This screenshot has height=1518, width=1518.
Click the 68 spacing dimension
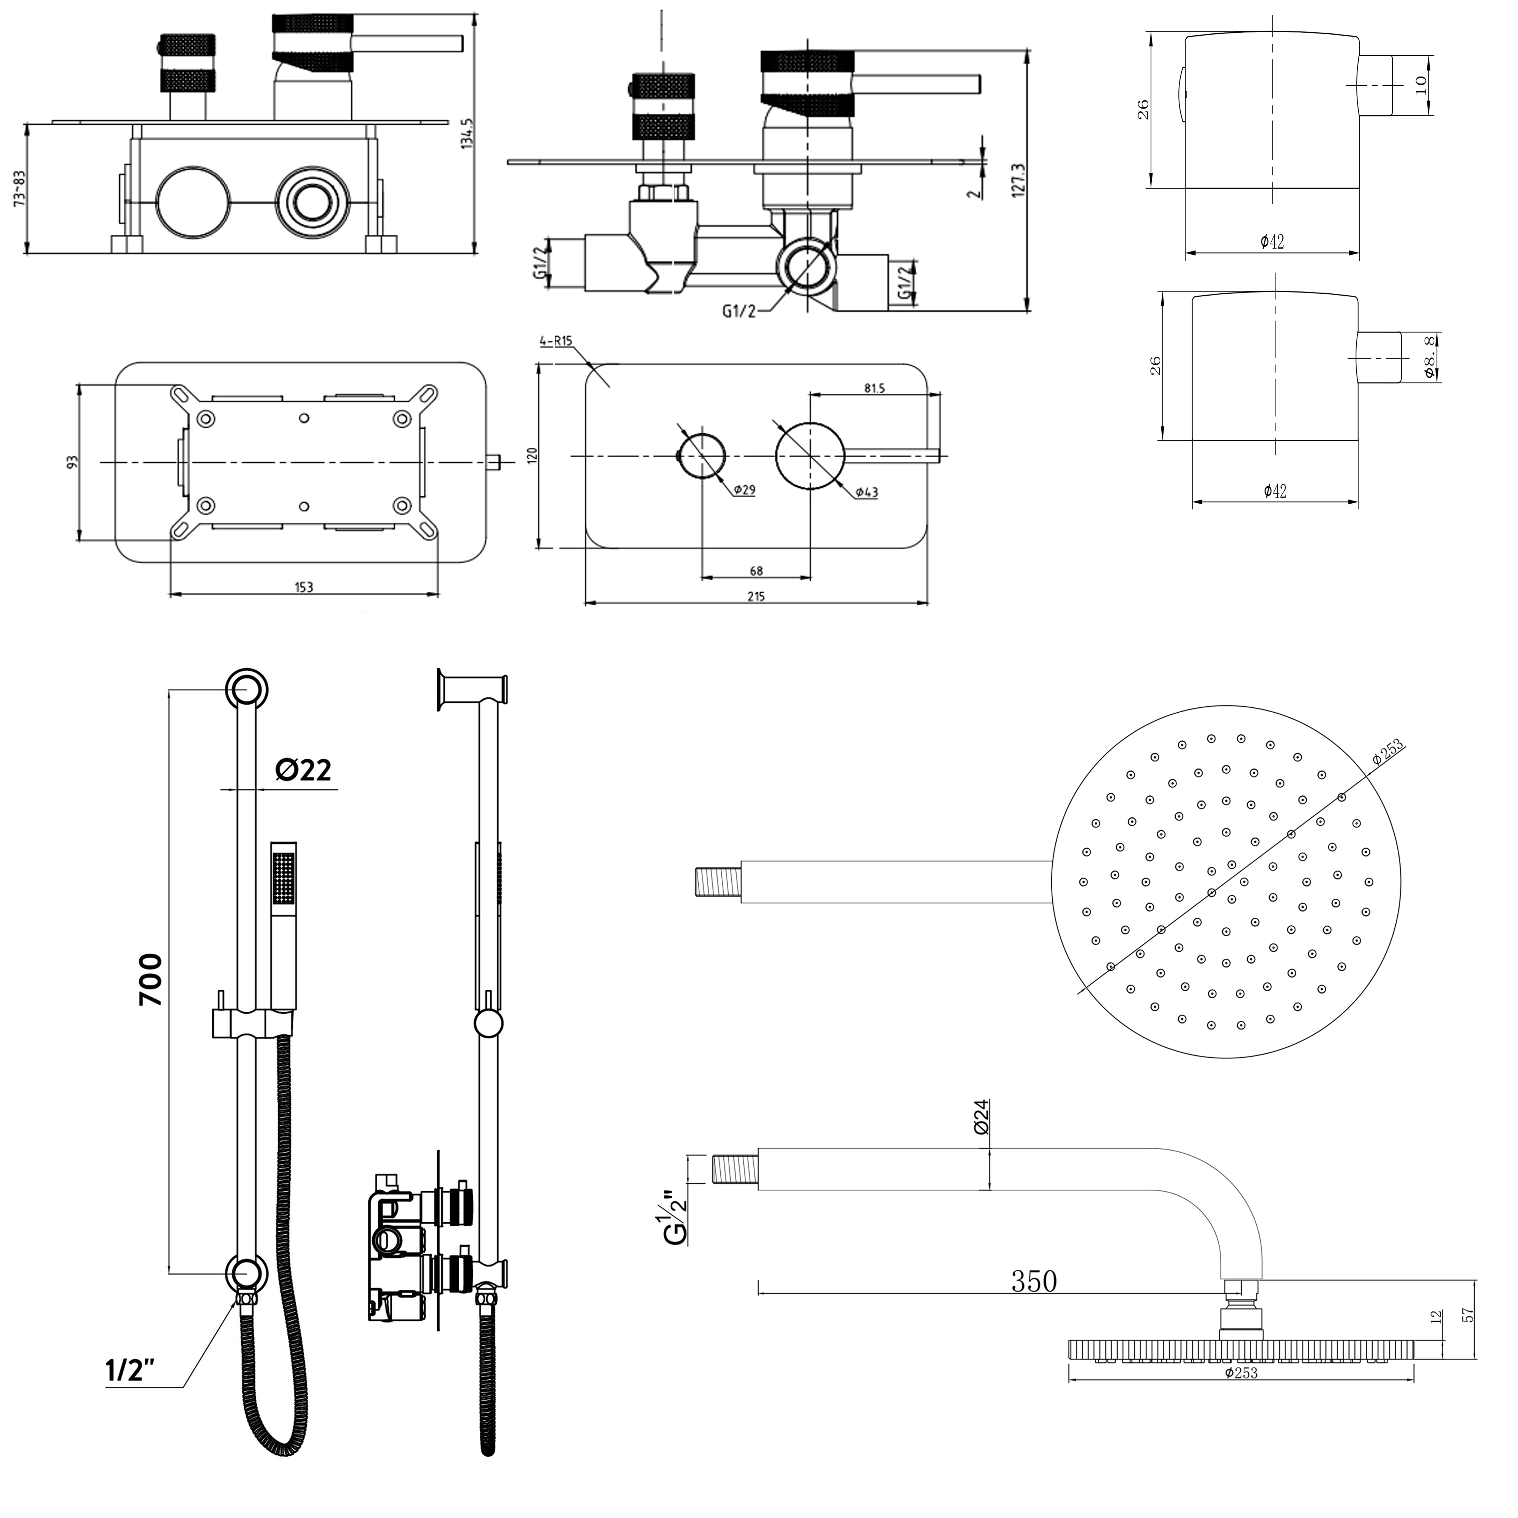[756, 571]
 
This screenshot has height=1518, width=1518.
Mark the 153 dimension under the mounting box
[304, 587]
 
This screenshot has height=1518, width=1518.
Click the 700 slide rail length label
[150, 980]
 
